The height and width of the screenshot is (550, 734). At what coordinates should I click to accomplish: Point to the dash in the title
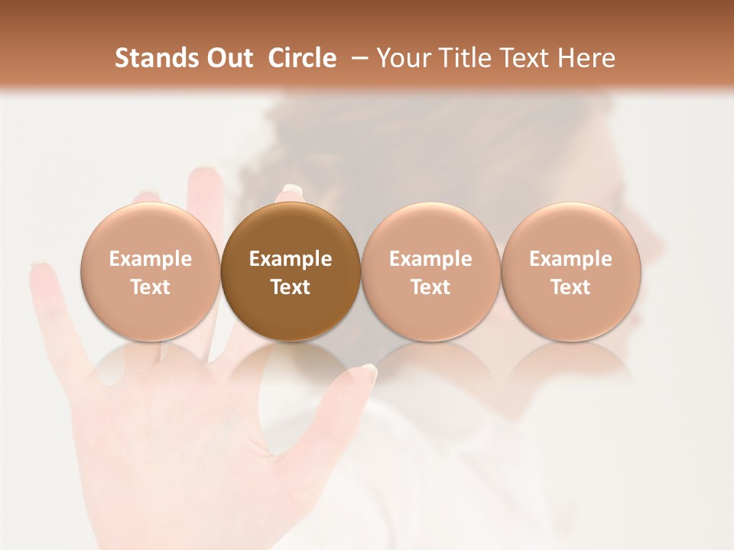[358, 58]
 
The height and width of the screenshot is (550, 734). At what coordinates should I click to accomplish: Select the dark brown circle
[291, 272]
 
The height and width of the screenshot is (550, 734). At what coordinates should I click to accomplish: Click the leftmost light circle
[151, 272]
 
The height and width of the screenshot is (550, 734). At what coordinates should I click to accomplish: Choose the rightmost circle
[571, 272]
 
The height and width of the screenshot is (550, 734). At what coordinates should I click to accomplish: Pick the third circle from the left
[430, 272]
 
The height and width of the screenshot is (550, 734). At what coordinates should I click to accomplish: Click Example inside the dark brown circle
[291, 259]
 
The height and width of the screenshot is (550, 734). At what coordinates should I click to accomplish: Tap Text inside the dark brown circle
[291, 287]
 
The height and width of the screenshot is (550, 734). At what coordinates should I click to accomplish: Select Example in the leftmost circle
[151, 259]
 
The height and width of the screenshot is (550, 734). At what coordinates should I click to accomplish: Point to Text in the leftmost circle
[151, 287]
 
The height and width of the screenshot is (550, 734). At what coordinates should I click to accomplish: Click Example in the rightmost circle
[571, 259]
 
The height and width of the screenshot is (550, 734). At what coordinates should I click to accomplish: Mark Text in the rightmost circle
[571, 287]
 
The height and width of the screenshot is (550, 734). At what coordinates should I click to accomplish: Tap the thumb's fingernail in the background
[368, 373]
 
